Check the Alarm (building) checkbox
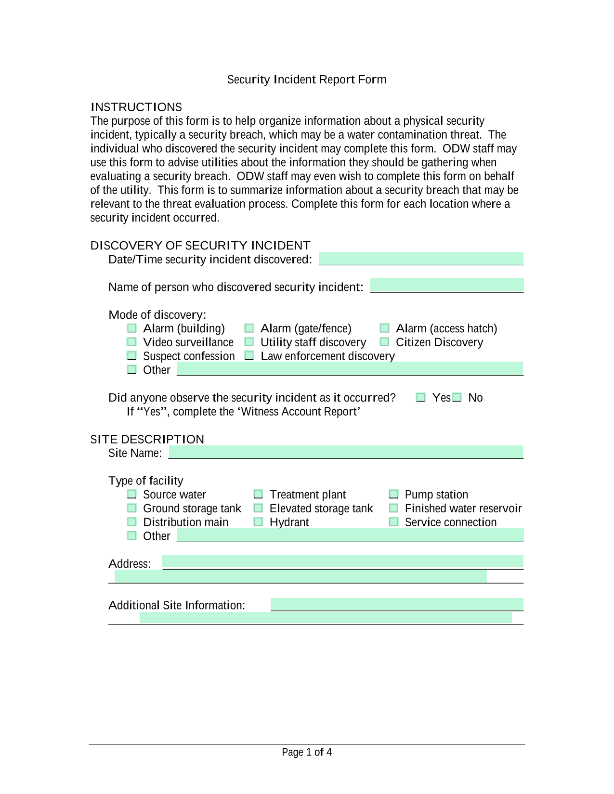pyautogui.click(x=132, y=328)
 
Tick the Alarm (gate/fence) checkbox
pyautogui.click(x=249, y=328)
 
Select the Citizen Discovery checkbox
pyautogui.click(x=384, y=342)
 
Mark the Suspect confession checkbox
pyautogui.click(x=132, y=356)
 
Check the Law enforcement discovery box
pyautogui.click(x=249, y=356)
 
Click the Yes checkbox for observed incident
pyautogui.click(x=421, y=398)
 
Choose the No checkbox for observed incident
pyautogui.click(x=457, y=398)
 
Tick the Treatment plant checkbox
pyautogui.click(x=258, y=495)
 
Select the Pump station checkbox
pyautogui.click(x=393, y=495)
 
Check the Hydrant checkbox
pyautogui.click(x=258, y=522)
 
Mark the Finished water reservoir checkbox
pyautogui.click(x=393, y=508)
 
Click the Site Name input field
pyautogui.click(x=345, y=452)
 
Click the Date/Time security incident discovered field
pyautogui.click(x=421, y=259)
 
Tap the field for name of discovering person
pyautogui.click(x=446, y=286)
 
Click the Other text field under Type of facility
pyautogui.click(x=350, y=535)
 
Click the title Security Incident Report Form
pyautogui.click(x=307, y=79)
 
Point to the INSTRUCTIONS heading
pyautogui.click(x=136, y=107)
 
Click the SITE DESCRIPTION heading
pyautogui.click(x=147, y=439)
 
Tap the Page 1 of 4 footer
pyautogui.click(x=307, y=752)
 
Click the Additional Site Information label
pyautogui.click(x=177, y=605)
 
